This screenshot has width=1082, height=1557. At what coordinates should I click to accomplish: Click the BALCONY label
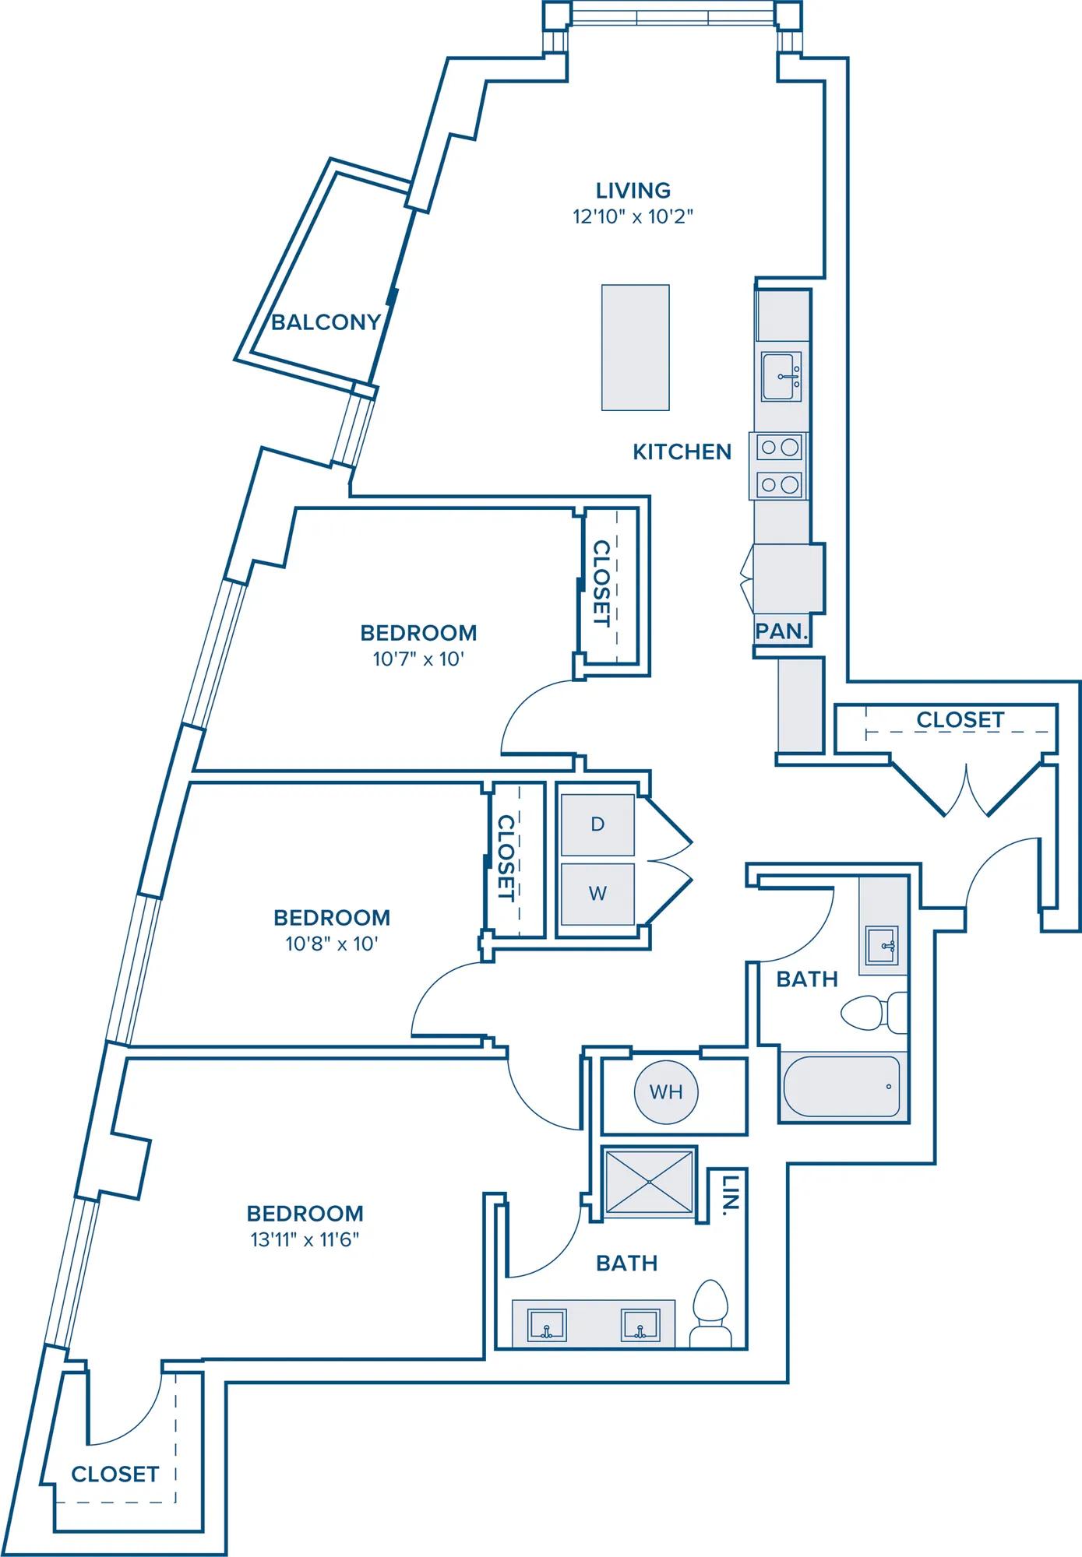point(326,322)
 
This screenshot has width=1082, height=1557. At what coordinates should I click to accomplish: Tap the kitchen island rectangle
point(636,347)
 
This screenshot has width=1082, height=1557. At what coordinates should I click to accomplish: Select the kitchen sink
point(781,377)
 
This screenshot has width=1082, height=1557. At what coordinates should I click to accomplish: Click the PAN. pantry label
point(781,631)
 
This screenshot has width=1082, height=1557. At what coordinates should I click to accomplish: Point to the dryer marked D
point(597,824)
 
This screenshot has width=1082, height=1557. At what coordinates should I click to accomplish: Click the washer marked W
point(597,894)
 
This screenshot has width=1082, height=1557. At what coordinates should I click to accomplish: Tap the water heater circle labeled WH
point(666,1092)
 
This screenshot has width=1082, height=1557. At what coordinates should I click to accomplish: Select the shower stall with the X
point(650,1182)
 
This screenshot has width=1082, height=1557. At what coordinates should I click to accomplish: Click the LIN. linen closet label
point(730,1195)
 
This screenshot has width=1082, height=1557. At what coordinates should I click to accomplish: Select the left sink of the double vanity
point(548,1325)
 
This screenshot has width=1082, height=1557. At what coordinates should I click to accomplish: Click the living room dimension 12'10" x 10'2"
point(633,216)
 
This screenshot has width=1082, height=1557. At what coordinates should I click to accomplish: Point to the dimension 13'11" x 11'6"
point(305,1239)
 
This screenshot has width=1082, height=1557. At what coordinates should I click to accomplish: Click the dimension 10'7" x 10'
point(418,659)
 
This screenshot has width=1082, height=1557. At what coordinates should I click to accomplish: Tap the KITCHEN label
point(682,452)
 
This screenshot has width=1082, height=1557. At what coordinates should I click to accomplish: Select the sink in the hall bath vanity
point(883,945)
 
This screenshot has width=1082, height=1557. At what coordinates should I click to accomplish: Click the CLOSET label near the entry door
point(960,720)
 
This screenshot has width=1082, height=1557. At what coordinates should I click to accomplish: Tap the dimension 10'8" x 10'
point(332,944)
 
